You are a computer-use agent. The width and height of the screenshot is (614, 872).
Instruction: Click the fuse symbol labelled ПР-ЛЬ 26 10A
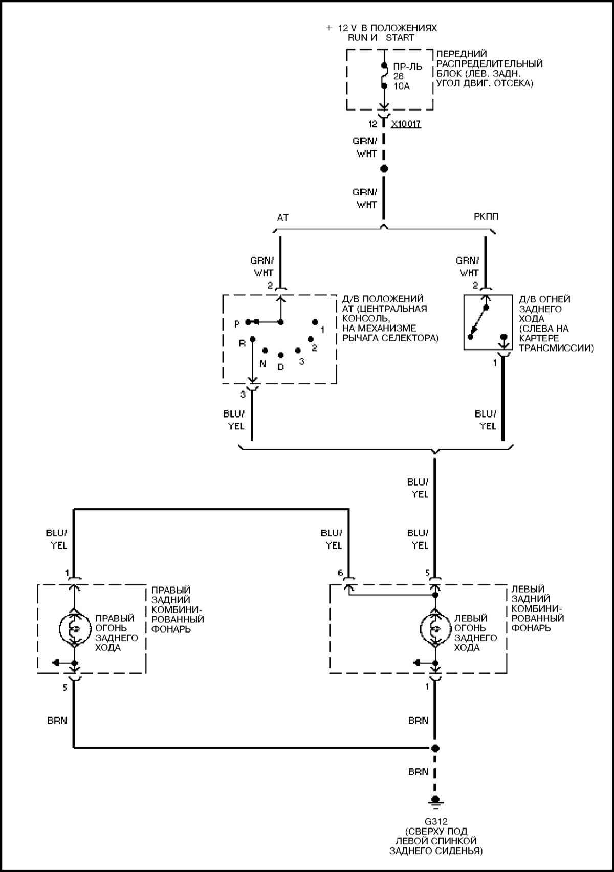tap(384, 76)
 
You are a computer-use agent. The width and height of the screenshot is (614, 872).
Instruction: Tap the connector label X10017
tap(406, 124)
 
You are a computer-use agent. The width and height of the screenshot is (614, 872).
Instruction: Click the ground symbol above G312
tap(435, 801)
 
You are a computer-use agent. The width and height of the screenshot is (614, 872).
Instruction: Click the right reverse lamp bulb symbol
tap(74, 628)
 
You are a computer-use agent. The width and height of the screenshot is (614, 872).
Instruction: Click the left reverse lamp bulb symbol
tap(435, 628)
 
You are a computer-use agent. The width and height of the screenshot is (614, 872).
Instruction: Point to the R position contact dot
tap(252, 339)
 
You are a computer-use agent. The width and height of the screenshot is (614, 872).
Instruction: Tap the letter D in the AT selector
tap(280, 367)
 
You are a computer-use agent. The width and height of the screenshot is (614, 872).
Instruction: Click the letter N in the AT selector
tap(262, 364)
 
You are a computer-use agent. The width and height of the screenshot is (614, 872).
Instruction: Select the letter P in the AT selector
tap(237, 324)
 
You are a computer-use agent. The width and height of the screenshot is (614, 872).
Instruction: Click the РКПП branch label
tap(486, 217)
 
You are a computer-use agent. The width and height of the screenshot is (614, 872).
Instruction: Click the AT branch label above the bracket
tap(282, 217)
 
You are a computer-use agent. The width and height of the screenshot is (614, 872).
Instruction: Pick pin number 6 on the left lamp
tap(341, 573)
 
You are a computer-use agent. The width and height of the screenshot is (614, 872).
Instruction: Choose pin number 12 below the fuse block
tap(373, 124)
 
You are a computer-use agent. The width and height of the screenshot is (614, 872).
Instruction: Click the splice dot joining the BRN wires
tap(435, 748)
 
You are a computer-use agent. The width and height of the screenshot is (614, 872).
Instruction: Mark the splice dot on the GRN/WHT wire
tap(384, 169)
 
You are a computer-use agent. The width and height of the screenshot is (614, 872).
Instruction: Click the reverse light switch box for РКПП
tap(488, 322)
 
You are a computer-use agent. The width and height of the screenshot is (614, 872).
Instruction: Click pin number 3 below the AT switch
tap(243, 394)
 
